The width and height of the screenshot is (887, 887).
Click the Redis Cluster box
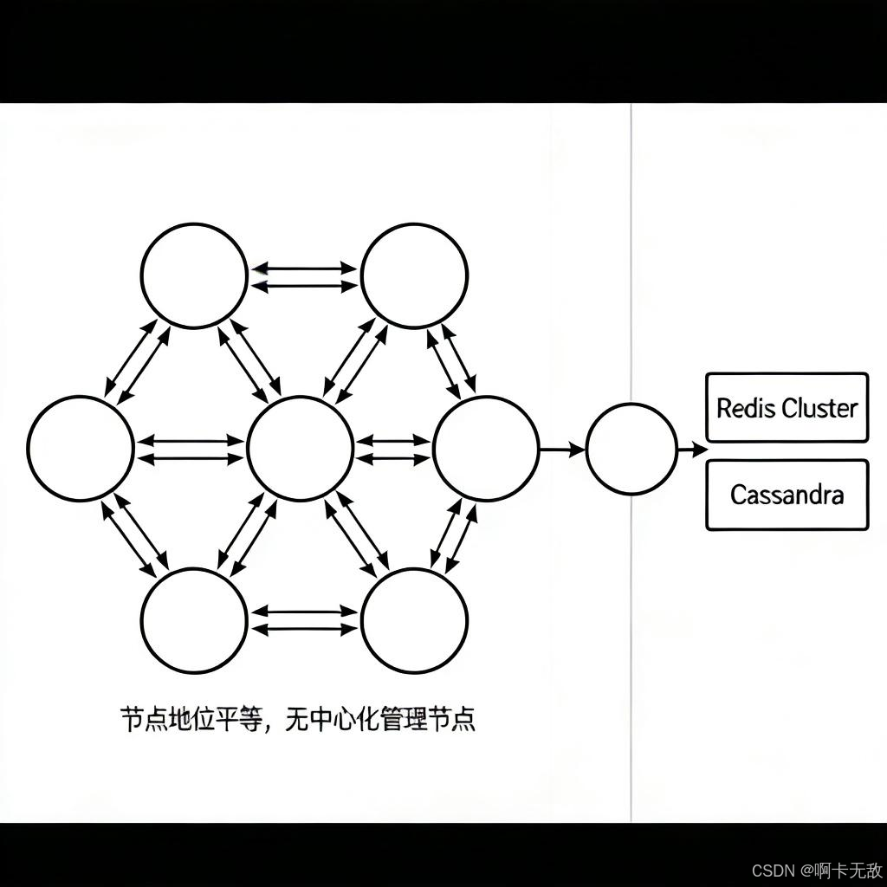point(787,407)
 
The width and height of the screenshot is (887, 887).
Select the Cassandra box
point(787,495)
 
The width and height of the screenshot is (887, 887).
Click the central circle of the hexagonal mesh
point(300,449)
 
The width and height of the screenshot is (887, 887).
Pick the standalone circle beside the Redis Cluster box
point(631,449)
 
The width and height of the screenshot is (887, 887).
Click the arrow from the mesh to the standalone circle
point(561,449)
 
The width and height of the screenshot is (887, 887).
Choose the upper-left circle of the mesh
point(194,276)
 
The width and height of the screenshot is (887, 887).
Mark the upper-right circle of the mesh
point(414,276)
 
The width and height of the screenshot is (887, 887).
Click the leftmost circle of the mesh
point(81,449)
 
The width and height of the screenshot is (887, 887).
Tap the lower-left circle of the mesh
point(194,620)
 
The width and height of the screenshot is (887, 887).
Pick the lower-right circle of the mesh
point(414,620)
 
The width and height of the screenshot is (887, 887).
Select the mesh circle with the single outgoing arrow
point(486,449)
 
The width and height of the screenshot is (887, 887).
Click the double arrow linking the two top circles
point(304,276)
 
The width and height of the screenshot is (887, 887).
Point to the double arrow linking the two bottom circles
point(304,620)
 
